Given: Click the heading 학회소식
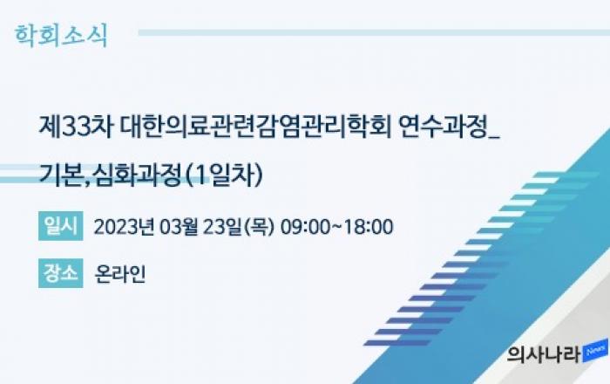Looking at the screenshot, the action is [x=61, y=36].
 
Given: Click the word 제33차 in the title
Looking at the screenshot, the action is [x=76, y=127].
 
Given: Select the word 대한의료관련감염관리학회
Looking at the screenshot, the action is [x=255, y=127].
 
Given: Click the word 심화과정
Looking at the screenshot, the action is [x=138, y=175].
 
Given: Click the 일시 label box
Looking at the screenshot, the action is [x=61, y=226].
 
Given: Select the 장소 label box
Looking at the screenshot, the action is [x=61, y=273].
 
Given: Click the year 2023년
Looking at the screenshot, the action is [x=124, y=227].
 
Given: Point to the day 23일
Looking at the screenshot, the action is [x=222, y=227].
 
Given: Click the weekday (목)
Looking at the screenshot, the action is [x=259, y=227].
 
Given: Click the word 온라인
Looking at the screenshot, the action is [x=120, y=274].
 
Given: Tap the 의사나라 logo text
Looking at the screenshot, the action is [x=544, y=354].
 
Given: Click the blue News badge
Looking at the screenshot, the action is [x=595, y=351].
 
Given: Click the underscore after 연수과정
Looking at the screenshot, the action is [x=494, y=137].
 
